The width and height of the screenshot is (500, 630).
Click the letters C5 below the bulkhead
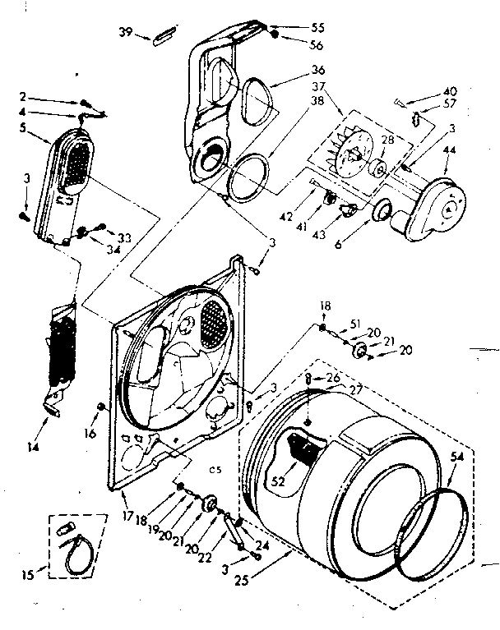(215, 469)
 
